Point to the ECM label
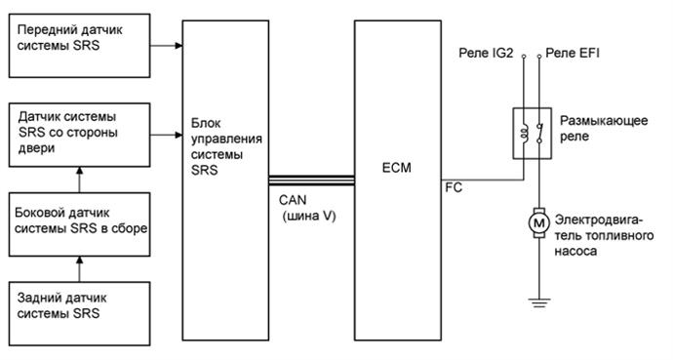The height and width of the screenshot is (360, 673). click(x=398, y=168)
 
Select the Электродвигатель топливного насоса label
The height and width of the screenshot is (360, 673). click(x=604, y=235)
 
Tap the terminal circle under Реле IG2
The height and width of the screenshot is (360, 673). click(x=525, y=59)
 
